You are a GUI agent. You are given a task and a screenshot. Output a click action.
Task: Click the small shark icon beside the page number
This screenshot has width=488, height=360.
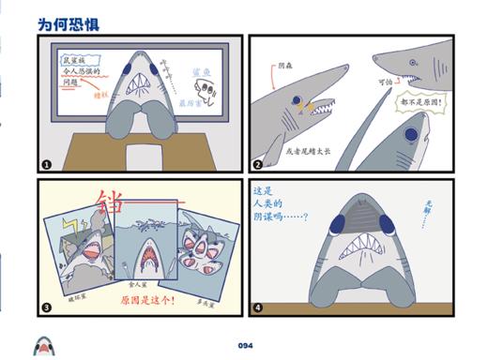tap(43, 344)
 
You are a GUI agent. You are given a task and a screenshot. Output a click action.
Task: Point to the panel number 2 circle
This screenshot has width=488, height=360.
tap(257, 163)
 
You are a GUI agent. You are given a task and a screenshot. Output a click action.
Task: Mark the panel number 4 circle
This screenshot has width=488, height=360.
tap(257, 307)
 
